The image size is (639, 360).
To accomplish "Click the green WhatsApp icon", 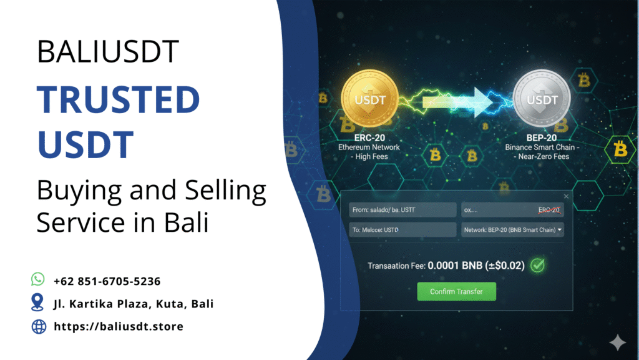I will (39, 279).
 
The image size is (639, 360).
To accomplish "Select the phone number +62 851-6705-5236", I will (107, 281).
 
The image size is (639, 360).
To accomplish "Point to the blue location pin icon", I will (39, 303).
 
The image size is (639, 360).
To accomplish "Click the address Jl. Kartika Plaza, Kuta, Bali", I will (134, 304).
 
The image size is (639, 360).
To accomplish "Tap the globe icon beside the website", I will (39, 326).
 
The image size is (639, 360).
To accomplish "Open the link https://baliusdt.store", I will (119, 326).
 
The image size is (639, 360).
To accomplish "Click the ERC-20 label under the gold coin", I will (369, 138).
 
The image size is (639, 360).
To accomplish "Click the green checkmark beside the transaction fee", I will (537, 265).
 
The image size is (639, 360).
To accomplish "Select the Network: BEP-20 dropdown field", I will (512, 230).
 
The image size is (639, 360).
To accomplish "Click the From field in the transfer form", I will (402, 211).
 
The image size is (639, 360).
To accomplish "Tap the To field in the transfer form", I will (402, 230).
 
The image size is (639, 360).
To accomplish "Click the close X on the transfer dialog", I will (567, 196).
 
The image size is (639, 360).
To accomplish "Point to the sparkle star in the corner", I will (618, 341).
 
